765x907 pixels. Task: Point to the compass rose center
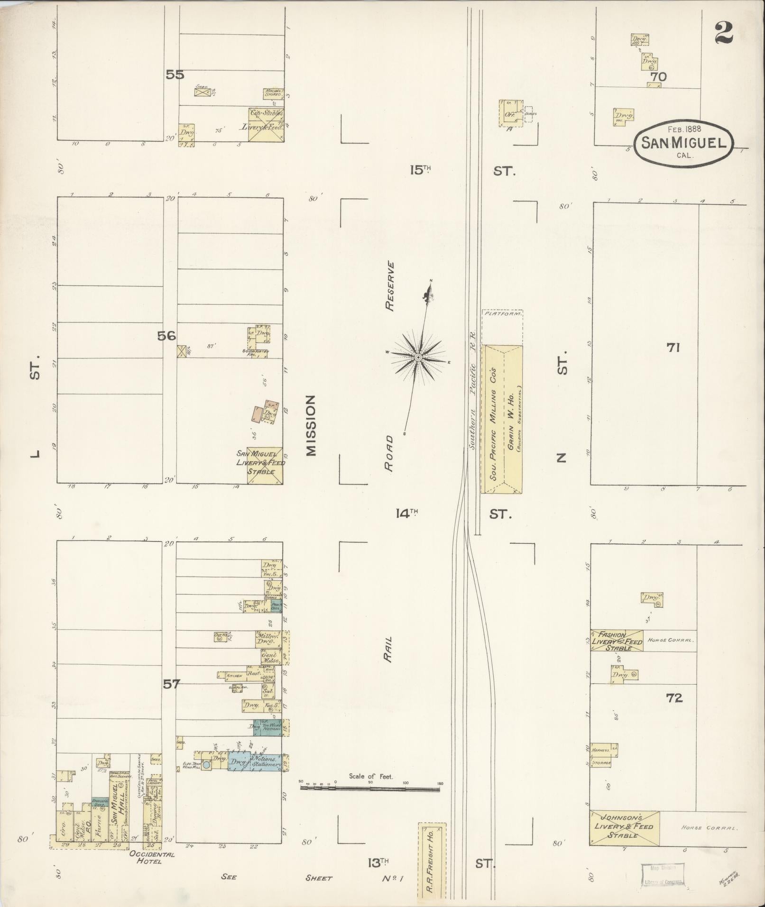coord(418,357)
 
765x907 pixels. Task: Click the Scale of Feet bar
coord(370,788)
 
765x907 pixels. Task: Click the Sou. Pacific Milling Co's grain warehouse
coord(502,419)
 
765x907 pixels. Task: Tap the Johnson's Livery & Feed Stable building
coord(624,827)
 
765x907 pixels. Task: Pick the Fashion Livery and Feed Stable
coord(617,641)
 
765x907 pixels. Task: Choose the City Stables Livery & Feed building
coord(266,124)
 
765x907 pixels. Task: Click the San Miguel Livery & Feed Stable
coord(265,465)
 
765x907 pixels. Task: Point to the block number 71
coord(673,348)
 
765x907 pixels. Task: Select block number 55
coord(175,74)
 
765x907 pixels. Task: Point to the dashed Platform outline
coord(502,328)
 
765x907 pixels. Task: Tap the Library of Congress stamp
coord(663,874)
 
